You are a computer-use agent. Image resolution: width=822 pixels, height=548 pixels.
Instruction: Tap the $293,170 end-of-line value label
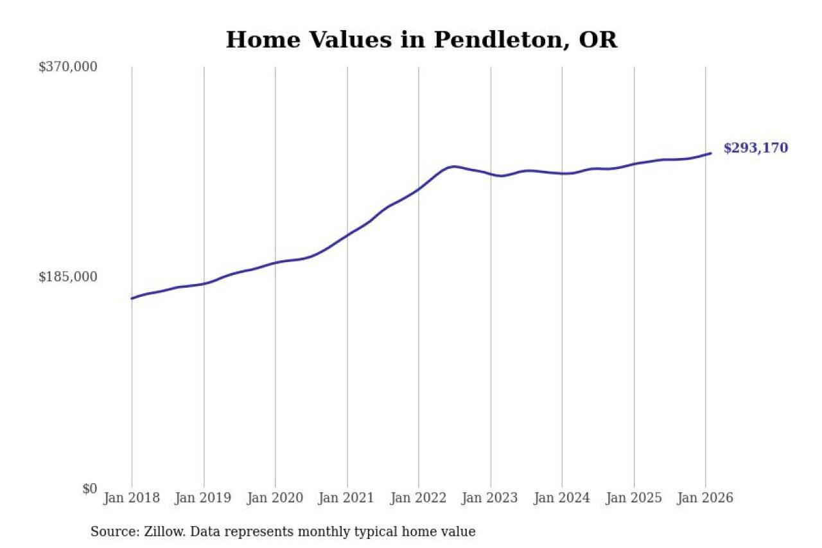pos(755,148)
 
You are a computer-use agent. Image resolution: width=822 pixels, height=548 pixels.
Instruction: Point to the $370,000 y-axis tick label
pos(67,67)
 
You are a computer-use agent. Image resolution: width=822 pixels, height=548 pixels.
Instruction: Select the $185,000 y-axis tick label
pos(67,277)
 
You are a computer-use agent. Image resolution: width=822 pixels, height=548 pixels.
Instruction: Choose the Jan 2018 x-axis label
pos(132,499)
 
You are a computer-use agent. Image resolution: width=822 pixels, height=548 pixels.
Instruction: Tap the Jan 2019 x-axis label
pos(204,499)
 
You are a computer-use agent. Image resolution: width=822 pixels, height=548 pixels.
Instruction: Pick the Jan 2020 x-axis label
pos(275,499)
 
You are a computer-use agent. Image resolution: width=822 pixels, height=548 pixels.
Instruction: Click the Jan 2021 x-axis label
pos(347,499)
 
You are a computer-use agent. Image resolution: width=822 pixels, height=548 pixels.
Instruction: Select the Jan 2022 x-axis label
pos(419,499)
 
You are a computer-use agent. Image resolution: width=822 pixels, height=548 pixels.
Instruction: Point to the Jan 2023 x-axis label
pos(491,499)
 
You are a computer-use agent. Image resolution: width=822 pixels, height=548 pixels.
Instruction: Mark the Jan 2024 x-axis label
pos(562,499)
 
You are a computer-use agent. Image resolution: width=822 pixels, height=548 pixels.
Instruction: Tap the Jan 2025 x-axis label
pos(634,499)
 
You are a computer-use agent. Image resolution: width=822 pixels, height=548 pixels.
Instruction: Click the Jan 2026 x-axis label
pos(705,499)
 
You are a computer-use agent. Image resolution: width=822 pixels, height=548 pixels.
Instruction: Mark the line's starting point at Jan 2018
pos(132,299)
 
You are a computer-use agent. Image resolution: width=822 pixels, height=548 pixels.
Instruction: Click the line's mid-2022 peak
pos(454,166)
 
